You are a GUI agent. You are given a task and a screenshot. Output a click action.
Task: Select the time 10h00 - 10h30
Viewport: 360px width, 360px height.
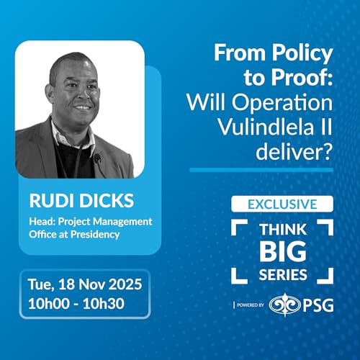point(76,304)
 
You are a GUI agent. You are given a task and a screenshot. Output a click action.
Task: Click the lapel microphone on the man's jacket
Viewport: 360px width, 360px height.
point(97,157)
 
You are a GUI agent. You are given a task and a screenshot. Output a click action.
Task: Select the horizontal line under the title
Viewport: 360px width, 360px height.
point(261,170)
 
